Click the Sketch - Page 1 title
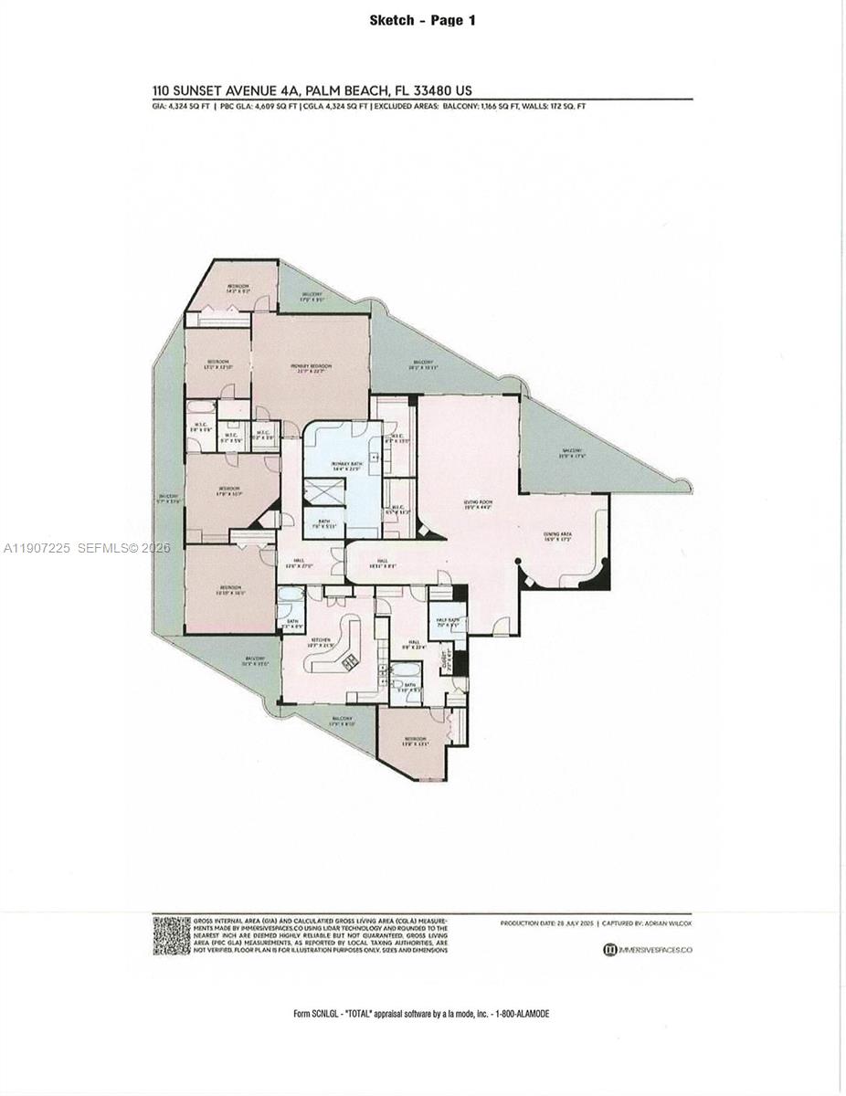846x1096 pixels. [422, 19]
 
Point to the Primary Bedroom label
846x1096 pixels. [311, 368]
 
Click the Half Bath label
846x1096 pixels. [446, 624]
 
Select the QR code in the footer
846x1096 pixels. [171, 935]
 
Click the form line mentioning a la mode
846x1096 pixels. [422, 1013]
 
